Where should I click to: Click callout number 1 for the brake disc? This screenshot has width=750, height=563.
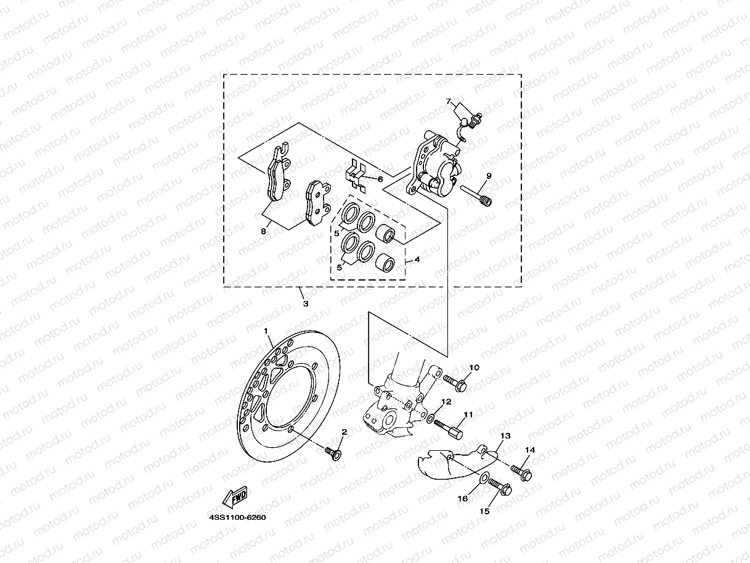pos(267,331)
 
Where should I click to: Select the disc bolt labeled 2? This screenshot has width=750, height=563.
pos(333,454)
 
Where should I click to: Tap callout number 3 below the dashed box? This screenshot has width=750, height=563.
pos(305,303)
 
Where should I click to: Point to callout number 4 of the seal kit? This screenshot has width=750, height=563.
pos(417,260)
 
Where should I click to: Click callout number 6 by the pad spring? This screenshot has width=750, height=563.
pos(380,179)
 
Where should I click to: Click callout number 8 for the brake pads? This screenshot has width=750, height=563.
pos(263,232)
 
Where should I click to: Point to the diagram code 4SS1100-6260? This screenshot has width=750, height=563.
pos(237,517)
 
